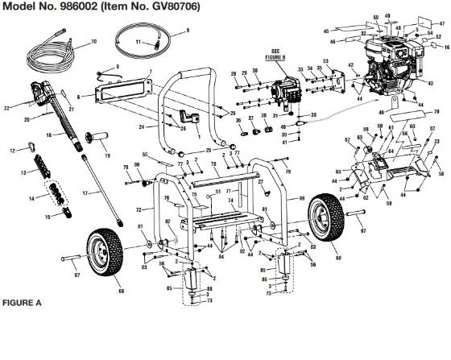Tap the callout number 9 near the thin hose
pyautogui.click(x=187, y=31)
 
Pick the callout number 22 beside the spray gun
pyautogui.click(x=6, y=107)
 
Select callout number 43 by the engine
pyautogui.click(x=432, y=83)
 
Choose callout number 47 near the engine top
pyautogui.click(x=441, y=24)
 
